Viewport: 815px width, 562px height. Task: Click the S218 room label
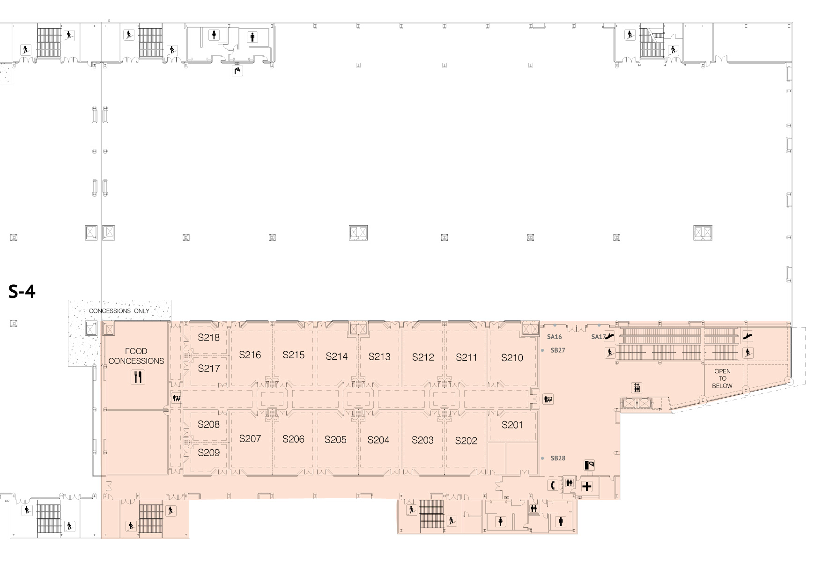(x=208, y=337)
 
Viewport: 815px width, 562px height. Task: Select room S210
(x=512, y=358)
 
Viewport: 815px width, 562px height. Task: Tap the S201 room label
(x=512, y=425)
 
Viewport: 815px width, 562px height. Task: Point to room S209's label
(x=208, y=452)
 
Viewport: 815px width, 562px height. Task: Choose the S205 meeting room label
(x=335, y=440)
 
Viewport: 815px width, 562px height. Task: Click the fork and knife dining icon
(x=138, y=377)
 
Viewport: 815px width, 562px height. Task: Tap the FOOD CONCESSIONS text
(x=136, y=356)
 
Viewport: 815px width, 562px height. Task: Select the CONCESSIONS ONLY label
(x=119, y=311)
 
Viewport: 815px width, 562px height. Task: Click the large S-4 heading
(x=22, y=292)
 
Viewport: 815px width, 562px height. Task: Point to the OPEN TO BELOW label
(x=722, y=378)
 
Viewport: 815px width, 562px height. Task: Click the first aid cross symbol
(x=586, y=487)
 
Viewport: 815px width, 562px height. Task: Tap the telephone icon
(x=553, y=485)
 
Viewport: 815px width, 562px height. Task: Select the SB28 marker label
(x=558, y=458)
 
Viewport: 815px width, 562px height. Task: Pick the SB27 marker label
(x=558, y=350)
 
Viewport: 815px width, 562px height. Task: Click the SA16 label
(x=554, y=337)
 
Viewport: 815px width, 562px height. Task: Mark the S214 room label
(x=337, y=356)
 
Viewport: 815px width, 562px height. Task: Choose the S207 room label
(x=250, y=439)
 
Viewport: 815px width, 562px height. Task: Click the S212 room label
(x=423, y=357)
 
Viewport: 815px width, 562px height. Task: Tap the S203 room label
(x=422, y=440)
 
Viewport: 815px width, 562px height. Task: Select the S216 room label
(x=250, y=355)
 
